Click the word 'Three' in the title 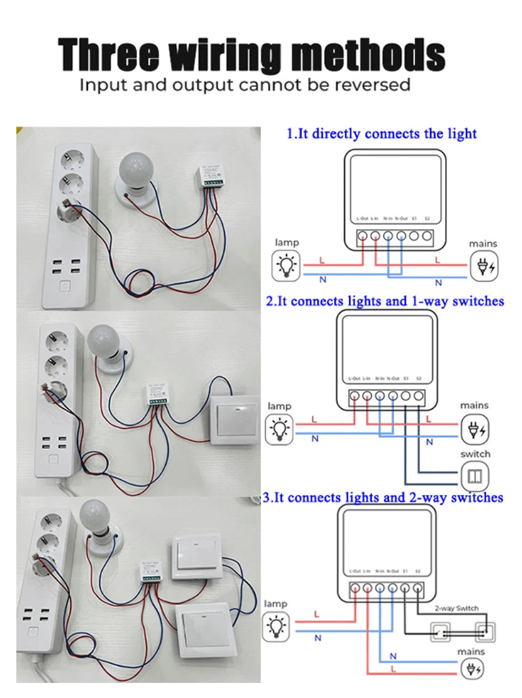(x=108, y=55)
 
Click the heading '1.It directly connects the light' (x=382, y=134)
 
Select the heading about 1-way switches (x=385, y=301)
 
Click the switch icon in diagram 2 (x=475, y=476)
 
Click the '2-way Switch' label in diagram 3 (x=456, y=608)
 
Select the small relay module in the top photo (x=212, y=177)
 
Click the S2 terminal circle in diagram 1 (x=427, y=236)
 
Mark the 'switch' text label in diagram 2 (x=475, y=453)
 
